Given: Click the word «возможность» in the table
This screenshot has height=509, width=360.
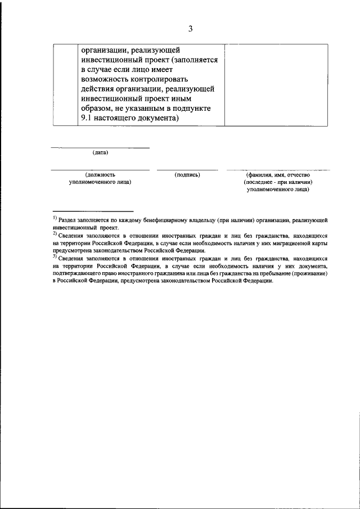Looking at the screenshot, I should click(107, 79).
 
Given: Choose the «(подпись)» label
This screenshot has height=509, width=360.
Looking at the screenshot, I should click(187, 175).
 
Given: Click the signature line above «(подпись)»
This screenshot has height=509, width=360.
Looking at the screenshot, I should click(187, 169).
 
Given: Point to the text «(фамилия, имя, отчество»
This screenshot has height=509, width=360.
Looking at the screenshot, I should click(278, 175).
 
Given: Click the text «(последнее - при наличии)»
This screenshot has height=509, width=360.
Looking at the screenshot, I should click(278, 182).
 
